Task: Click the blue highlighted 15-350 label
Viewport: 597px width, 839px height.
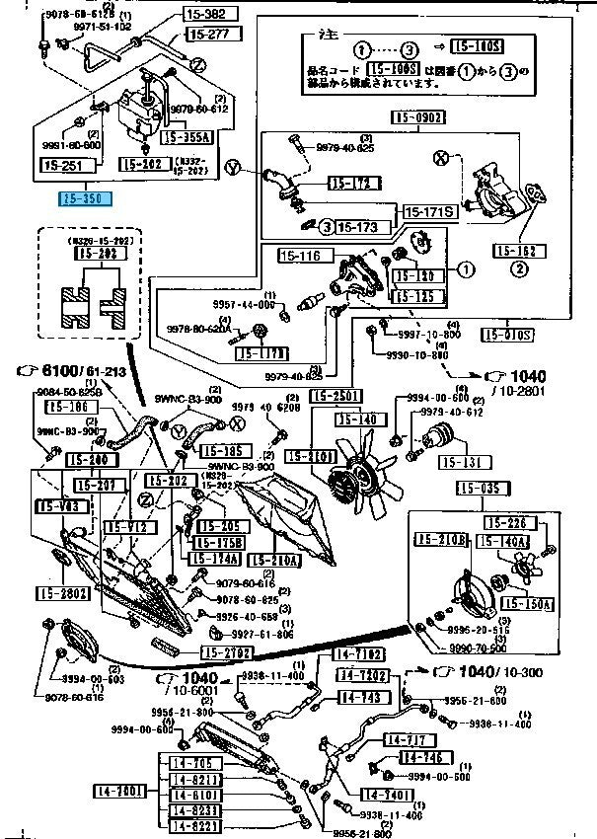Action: coord(86,197)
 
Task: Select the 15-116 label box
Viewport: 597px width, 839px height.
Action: coord(300,257)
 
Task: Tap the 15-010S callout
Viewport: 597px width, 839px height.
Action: coord(508,334)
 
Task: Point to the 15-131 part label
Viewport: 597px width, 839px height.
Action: coord(462,462)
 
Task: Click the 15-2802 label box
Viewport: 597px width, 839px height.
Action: coord(64,593)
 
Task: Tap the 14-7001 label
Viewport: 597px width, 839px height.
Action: coord(119,791)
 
